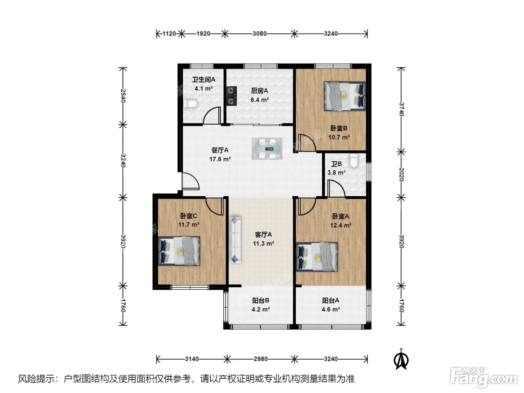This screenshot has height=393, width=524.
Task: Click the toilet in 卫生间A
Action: point(191,104)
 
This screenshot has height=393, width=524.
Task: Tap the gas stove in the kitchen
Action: point(232,96)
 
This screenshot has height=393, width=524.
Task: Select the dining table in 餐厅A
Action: point(267,149)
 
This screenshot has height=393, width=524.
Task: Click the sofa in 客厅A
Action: point(235,240)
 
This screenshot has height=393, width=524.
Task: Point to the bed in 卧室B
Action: point(344,96)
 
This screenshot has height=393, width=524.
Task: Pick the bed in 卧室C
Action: point(179,251)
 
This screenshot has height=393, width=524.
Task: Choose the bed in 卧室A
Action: point(317,257)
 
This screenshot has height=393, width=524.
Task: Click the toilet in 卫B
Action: point(354,161)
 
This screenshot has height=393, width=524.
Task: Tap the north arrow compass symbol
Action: point(401,359)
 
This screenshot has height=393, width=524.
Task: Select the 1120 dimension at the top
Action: point(169,34)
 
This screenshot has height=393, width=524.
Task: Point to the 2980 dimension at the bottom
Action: point(261,359)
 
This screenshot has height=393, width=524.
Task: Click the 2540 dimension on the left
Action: point(123,96)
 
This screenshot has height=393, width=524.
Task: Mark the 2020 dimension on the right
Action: point(401,174)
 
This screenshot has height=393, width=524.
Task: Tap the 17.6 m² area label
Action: point(220,159)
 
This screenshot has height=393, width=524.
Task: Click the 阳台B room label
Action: point(261,301)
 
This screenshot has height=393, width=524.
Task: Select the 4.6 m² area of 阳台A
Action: point(331,310)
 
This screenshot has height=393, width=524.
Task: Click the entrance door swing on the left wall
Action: point(191,181)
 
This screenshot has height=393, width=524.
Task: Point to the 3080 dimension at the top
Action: point(259,34)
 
